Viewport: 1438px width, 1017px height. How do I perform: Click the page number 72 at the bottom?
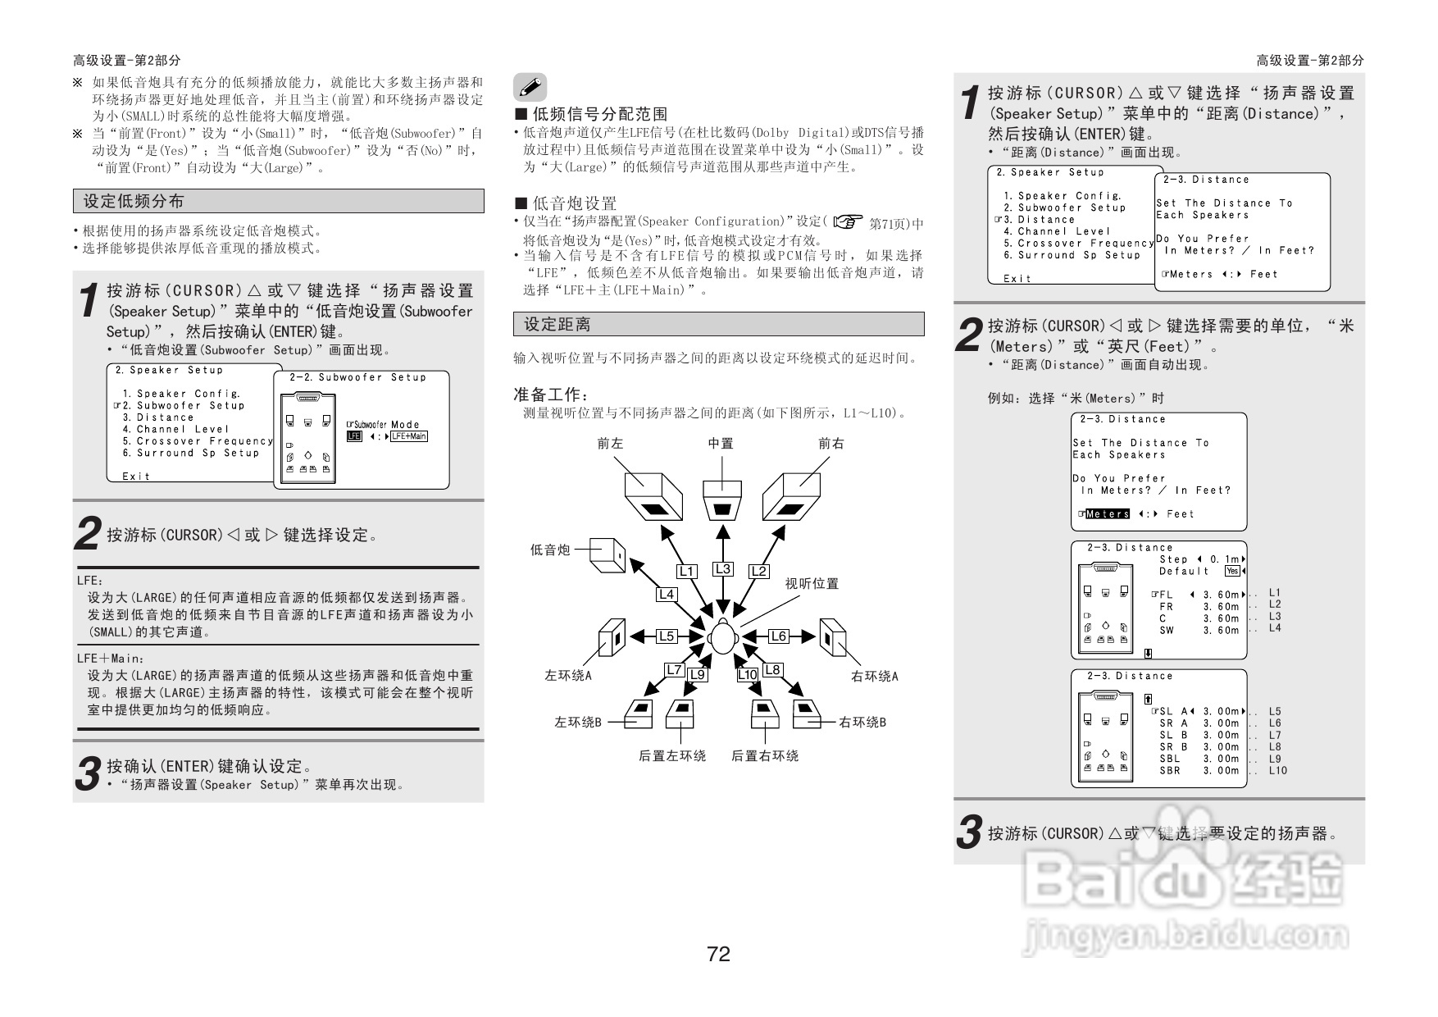[718, 954]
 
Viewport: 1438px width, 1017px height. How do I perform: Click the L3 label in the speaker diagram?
[722, 568]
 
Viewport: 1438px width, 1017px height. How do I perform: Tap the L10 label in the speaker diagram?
[747, 674]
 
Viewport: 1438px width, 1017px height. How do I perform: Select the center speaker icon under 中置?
[722, 500]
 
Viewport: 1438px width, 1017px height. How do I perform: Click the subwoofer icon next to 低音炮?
[607, 554]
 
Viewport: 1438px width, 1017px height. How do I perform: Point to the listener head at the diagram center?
[722, 637]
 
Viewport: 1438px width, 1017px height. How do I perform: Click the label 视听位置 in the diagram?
[812, 583]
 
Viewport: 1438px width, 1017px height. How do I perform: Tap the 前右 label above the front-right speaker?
[830, 443]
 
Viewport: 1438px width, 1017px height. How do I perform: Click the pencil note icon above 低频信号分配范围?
[530, 87]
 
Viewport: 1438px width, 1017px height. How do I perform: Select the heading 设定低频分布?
[134, 201]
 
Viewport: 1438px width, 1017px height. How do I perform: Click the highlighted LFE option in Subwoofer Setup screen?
[353, 436]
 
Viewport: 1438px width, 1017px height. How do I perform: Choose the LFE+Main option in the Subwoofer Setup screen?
[408, 436]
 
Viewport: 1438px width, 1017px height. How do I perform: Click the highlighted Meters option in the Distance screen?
[1107, 514]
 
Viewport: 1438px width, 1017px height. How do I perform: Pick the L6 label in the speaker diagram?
[778, 636]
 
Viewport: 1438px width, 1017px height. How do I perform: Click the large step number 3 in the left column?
[88, 774]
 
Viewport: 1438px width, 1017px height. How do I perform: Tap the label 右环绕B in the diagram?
[862, 722]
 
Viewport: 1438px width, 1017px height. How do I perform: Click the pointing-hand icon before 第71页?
[848, 221]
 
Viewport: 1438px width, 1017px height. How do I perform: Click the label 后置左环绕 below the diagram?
[672, 755]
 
